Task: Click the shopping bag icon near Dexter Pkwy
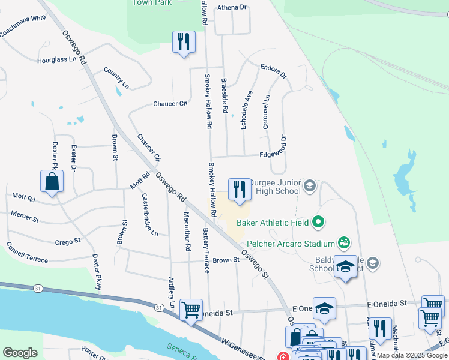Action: point(52,182)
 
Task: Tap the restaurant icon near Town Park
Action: point(184,43)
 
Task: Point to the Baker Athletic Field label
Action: point(273,223)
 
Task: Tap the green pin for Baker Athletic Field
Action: point(319,223)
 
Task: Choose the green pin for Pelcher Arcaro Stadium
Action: point(344,243)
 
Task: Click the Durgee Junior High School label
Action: point(274,187)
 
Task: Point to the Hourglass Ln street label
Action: point(57,60)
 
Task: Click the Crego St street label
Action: point(67,241)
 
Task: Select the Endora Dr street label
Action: point(274,70)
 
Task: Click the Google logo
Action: point(20,353)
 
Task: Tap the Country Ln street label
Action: point(116,79)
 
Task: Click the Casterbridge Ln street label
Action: point(149,214)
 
